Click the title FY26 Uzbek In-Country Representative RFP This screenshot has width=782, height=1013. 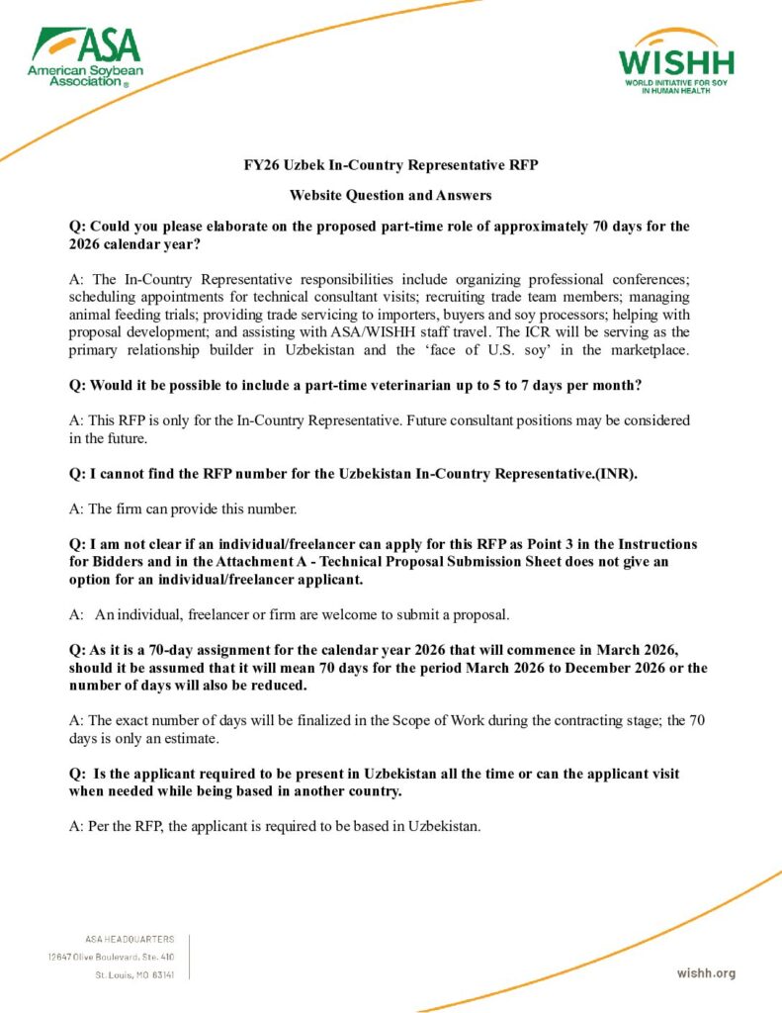point(391,165)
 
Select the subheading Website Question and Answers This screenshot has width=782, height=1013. point(391,195)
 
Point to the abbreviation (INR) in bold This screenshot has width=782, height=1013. point(615,474)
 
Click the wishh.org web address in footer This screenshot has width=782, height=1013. point(706,973)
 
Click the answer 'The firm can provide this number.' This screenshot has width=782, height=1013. point(183,509)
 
